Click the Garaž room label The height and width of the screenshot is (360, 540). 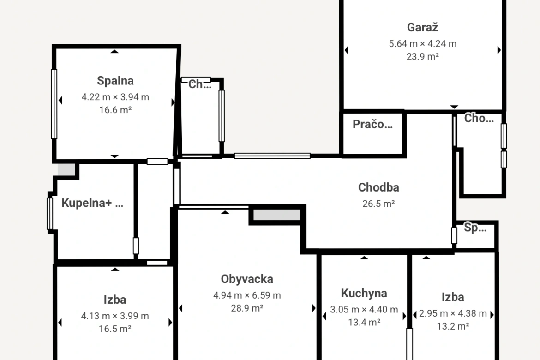click(422, 28)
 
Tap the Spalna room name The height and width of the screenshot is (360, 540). click(115, 81)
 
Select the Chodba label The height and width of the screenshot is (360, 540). click(378, 187)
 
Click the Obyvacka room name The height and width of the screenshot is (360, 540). click(247, 279)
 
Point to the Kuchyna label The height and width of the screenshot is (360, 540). click(364, 293)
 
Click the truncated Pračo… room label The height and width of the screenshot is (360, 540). click(372, 124)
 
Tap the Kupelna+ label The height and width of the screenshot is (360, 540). click(86, 203)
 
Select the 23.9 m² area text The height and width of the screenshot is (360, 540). click(423, 56)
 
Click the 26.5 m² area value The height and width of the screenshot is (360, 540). click(378, 204)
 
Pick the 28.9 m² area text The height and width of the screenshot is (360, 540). click(247, 308)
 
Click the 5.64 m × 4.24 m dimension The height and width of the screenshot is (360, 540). click(423, 44)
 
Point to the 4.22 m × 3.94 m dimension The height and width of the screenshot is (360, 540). click(115, 97)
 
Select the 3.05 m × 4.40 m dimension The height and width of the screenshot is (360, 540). click(364, 310)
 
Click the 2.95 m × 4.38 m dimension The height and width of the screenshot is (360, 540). click(452, 313)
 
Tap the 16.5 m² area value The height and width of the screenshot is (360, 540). click(115, 329)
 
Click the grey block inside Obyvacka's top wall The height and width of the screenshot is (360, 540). click(276, 215)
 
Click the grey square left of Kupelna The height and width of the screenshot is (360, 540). click(66, 169)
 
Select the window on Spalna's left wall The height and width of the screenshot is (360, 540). click(54, 104)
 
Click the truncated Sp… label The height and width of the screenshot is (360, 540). click(475, 228)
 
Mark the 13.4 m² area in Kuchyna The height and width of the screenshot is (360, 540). click(364, 323)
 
